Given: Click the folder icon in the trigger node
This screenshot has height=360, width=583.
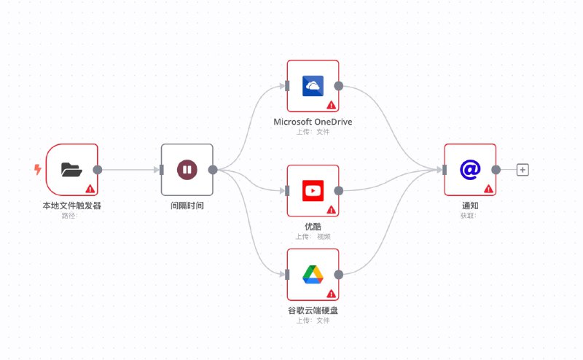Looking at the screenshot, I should [71, 170].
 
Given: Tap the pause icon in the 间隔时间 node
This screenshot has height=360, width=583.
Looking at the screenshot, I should [187, 170].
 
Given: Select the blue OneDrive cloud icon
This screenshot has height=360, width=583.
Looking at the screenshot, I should [313, 86].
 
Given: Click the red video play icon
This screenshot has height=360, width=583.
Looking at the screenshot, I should [313, 191].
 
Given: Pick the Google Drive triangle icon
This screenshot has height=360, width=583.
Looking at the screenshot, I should [313, 275].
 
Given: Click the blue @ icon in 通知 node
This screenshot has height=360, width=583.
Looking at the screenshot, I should [470, 170].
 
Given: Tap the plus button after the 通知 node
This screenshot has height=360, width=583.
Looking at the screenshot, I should [523, 170].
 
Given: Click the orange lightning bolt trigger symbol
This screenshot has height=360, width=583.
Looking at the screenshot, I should [38, 170].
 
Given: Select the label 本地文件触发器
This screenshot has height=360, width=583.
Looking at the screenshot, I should [71, 206].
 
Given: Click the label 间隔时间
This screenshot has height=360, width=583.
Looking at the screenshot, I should [187, 206].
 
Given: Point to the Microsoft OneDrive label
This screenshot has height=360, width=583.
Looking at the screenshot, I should [313, 122].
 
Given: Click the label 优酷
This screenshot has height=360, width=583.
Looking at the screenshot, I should [313, 227].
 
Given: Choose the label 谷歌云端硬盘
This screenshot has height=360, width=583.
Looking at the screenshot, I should [313, 310].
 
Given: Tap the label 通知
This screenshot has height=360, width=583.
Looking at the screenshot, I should [470, 206].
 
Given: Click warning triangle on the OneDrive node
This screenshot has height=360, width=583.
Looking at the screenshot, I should [331, 105].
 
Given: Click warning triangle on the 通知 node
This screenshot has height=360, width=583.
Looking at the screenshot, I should [488, 189].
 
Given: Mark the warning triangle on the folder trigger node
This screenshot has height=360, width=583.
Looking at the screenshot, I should [90, 189].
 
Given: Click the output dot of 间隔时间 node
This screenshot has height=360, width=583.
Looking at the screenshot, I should [213, 170].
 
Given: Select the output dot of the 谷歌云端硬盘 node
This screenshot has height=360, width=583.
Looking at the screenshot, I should [338, 275].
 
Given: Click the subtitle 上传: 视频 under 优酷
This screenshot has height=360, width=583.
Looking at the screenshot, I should [313, 236].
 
